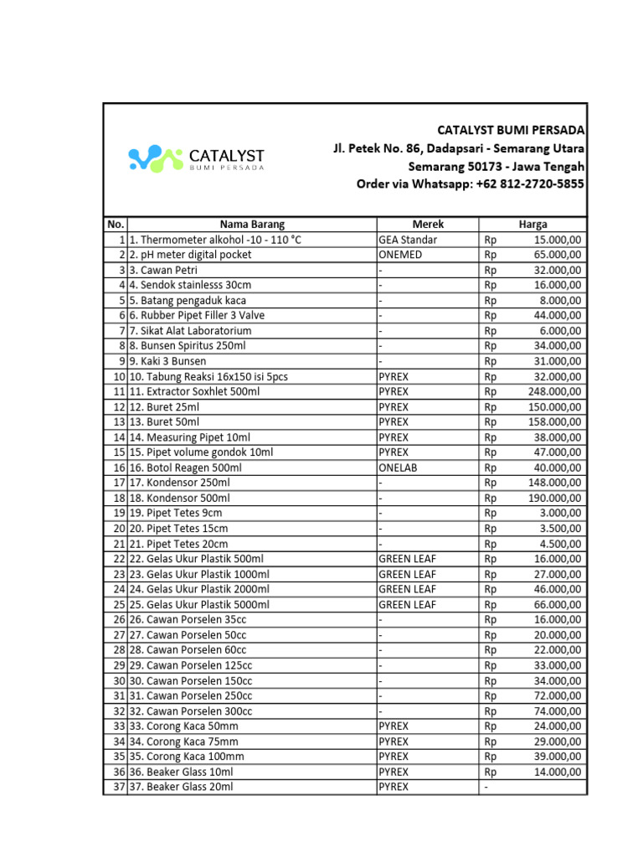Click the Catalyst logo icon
(x=154, y=157)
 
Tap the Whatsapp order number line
(x=471, y=184)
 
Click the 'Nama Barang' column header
(x=252, y=225)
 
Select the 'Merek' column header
(x=428, y=225)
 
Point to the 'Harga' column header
(x=532, y=225)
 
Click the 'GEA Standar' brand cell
(x=408, y=240)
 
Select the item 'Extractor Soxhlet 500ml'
(x=197, y=391)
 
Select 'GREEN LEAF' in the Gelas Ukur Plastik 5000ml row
(x=408, y=604)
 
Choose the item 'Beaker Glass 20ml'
(x=181, y=787)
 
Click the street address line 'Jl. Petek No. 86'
(x=458, y=148)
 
